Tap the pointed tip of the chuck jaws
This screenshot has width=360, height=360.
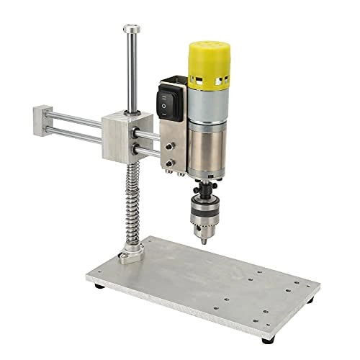click(x=204, y=240)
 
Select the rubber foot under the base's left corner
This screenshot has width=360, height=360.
click(x=99, y=287)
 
